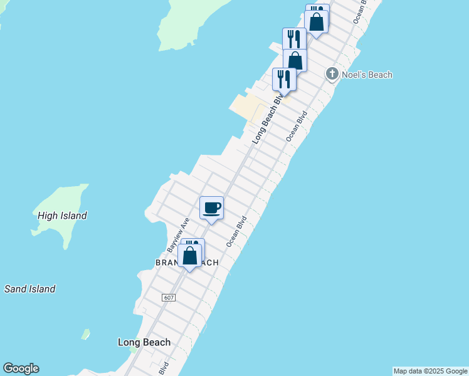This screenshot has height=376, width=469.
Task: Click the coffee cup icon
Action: pyautogui.click(x=212, y=208)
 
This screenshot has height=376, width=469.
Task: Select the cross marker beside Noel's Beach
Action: pyautogui.click(x=332, y=75)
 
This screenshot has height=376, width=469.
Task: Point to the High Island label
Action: pyautogui.click(x=62, y=216)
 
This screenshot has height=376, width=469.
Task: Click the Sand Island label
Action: pyautogui.click(x=30, y=289)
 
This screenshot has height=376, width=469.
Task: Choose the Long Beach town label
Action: pyautogui.click(x=144, y=342)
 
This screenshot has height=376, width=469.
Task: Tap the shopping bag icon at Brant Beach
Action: pyautogui.click(x=189, y=256)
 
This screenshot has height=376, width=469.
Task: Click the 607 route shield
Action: pyautogui.click(x=168, y=297)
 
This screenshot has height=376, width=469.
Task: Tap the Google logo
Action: pyautogui.click(x=21, y=368)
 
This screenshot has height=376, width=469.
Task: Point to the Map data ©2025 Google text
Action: pyautogui.click(x=430, y=371)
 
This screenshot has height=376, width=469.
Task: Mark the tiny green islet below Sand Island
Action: pyautogui.click(x=85, y=334)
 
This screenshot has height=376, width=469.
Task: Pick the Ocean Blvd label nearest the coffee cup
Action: pyautogui.click(x=237, y=231)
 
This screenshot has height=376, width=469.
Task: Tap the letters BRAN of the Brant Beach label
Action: pyautogui.click(x=166, y=263)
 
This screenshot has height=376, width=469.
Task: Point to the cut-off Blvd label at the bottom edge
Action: pyautogui.click(x=164, y=368)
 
